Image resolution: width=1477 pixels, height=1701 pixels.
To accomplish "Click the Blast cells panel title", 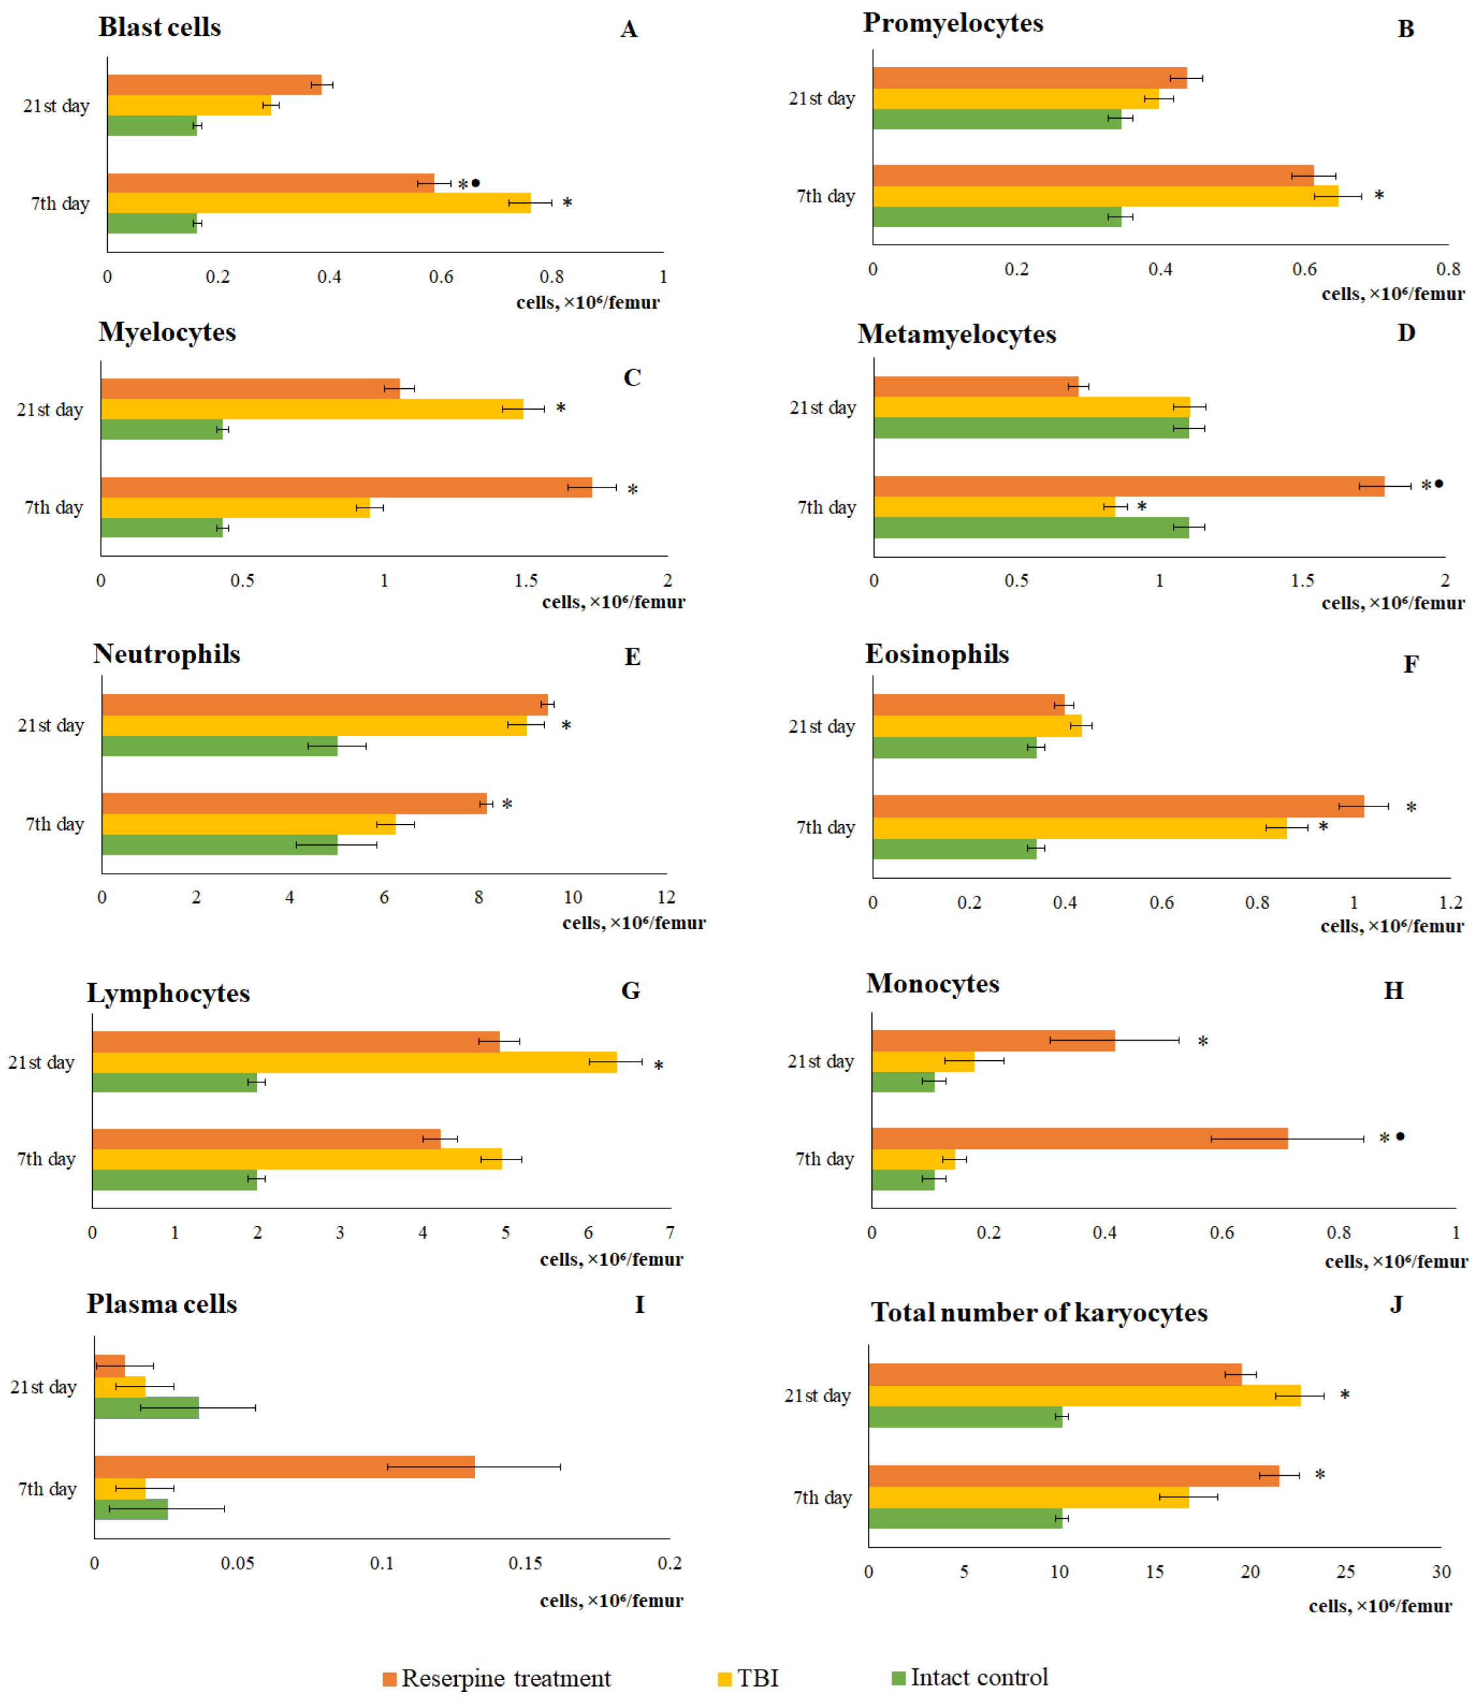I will point(160,27).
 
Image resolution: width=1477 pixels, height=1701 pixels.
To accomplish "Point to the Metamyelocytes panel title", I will point(956,334).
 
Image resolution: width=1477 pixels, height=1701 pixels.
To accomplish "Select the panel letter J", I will point(1396,1303).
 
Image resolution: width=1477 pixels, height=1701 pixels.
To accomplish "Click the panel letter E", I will point(632,657).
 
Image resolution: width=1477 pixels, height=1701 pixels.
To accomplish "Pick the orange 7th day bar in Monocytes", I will point(1079,1138).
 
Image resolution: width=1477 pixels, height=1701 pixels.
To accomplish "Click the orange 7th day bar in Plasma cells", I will point(285,1466).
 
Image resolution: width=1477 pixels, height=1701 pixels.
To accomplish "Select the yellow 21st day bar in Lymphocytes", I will point(354,1062).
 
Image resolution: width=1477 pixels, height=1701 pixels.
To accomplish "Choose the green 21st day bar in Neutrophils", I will point(219,746).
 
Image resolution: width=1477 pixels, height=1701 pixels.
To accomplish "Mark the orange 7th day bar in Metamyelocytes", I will point(1128,486).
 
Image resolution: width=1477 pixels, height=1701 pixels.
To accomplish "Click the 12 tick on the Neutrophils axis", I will point(666,897).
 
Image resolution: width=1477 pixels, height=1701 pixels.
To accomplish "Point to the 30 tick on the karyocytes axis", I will point(1440,1572).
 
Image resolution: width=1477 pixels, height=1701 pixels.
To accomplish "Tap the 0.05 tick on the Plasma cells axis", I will point(238,1563).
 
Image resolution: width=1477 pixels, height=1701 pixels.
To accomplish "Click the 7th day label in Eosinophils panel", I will point(826,827).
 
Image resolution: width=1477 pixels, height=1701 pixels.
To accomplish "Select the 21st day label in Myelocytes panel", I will point(50,410).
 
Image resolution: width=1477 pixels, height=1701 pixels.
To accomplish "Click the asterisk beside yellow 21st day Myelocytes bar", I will point(561,408).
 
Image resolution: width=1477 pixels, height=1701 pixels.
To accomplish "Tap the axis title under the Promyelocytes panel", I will point(1393,294).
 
